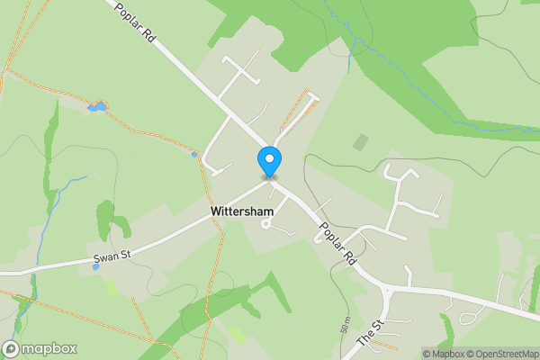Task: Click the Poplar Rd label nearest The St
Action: [x=333, y=245]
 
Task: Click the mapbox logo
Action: [x=40, y=348]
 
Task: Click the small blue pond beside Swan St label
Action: [x=95, y=266]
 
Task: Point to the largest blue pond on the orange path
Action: [x=96, y=108]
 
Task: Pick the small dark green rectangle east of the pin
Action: [x=360, y=142]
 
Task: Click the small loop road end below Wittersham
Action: [x=265, y=225]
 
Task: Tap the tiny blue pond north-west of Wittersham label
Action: [x=194, y=154]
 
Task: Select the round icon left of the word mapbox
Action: [x=12, y=348]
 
